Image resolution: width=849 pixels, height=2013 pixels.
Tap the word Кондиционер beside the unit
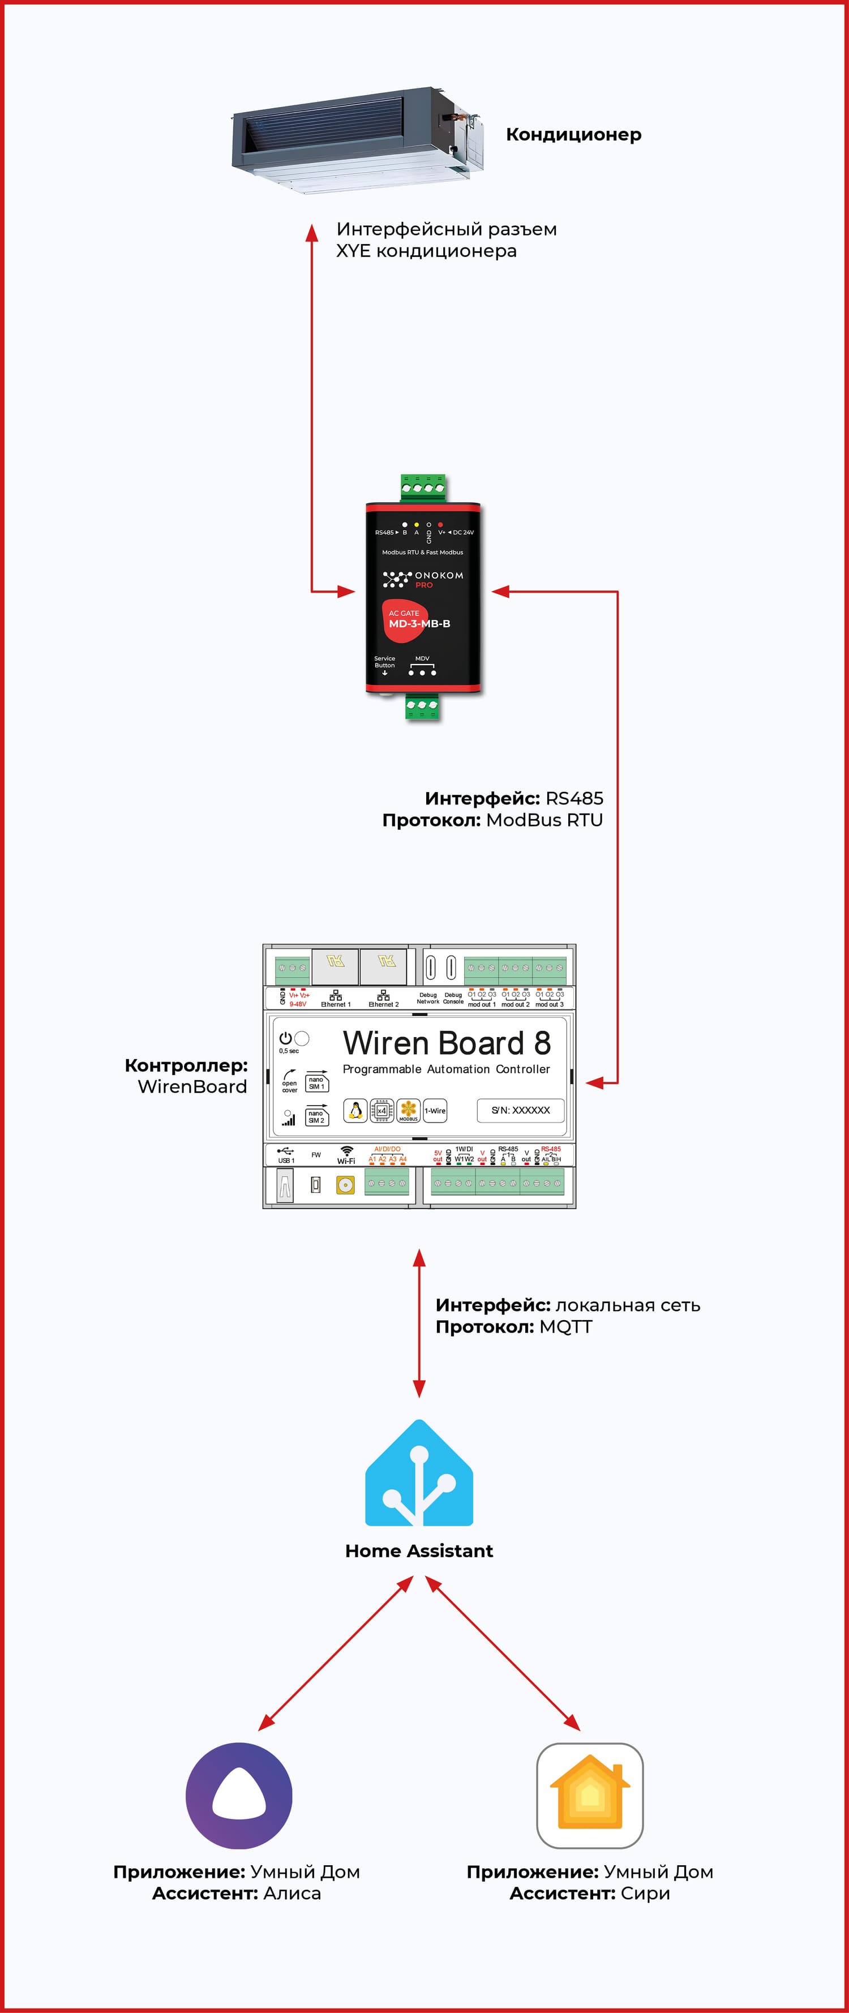click(573, 134)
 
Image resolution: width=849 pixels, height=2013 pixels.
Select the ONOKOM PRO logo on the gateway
click(423, 579)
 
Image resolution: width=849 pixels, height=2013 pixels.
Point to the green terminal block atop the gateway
click(423, 487)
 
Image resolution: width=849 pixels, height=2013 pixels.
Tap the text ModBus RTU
click(544, 820)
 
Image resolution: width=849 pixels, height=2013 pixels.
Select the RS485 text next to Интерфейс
click(574, 799)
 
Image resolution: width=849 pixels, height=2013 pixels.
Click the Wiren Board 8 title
click(446, 1044)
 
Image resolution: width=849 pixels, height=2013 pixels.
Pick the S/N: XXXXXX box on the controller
click(520, 1111)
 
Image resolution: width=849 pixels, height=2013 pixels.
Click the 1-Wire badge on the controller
click(435, 1111)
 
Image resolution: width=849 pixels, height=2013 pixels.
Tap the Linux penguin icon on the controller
click(355, 1111)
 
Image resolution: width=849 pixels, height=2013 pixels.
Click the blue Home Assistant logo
click(419, 1474)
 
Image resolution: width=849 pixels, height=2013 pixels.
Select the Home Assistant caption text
click(419, 1551)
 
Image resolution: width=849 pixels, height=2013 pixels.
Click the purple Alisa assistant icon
click(239, 1796)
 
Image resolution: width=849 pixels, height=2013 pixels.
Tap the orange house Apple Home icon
click(590, 1796)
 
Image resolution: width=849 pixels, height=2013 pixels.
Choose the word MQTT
click(565, 1327)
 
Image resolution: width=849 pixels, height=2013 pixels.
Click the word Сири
click(645, 1894)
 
